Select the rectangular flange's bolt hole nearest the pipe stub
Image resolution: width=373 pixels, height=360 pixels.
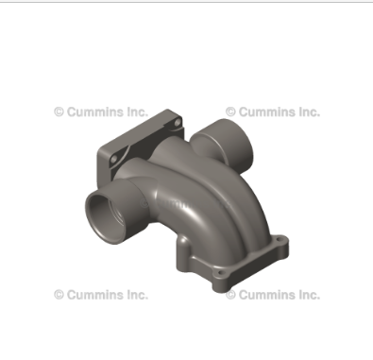178,122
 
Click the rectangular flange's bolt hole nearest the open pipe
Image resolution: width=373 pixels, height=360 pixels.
113,160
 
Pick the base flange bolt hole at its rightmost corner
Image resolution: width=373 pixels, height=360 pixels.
280,242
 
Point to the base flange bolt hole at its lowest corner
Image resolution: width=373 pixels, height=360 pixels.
222,273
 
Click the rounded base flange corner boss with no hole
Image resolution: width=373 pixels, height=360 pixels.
183,243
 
